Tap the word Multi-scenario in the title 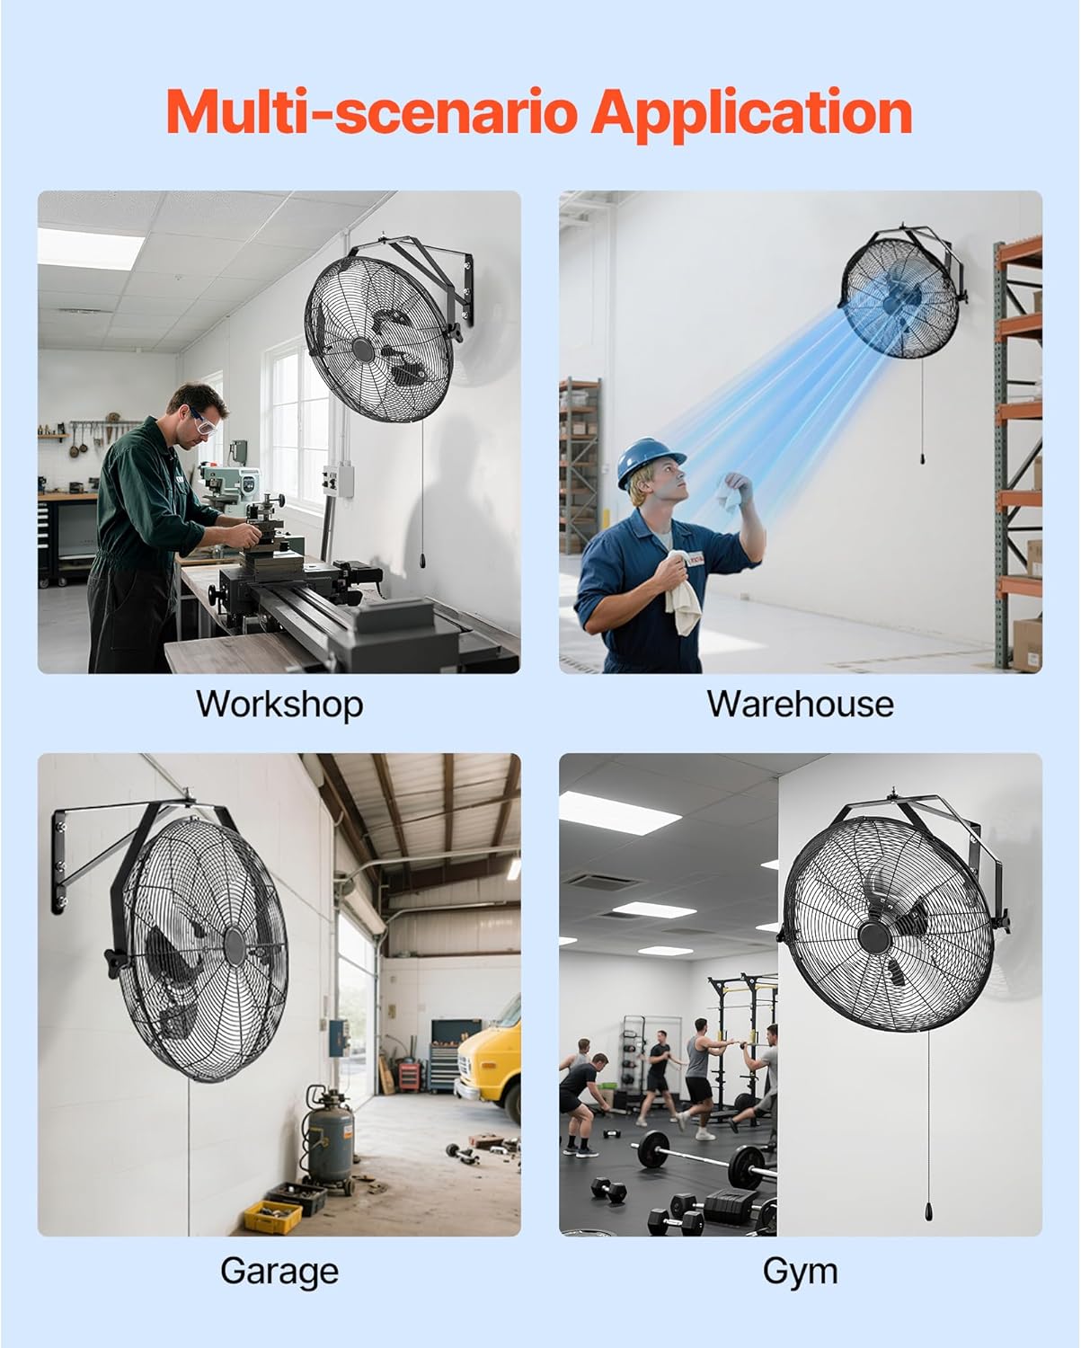pyautogui.click(x=371, y=111)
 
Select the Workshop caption pyautogui.click(x=279, y=705)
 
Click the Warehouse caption pyautogui.click(x=801, y=704)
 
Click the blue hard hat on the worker pyautogui.click(x=649, y=461)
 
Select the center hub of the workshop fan pyautogui.click(x=361, y=350)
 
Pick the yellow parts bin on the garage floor pyautogui.click(x=272, y=1216)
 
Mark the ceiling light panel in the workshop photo pyautogui.click(x=90, y=249)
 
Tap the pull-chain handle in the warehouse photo pyautogui.click(x=923, y=458)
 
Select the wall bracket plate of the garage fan pyautogui.click(x=59, y=861)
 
